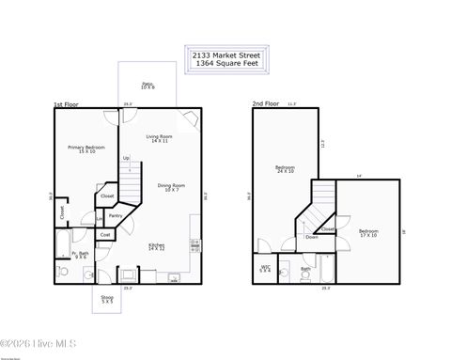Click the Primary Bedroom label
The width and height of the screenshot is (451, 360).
pos(86,149)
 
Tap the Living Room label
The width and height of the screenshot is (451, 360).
pos(159,138)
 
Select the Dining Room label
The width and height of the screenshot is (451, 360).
pos(170,187)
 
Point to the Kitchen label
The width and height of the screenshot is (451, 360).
pos(156,246)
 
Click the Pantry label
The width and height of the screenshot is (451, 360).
pos(115,215)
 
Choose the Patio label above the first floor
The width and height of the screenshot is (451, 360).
pos(148,85)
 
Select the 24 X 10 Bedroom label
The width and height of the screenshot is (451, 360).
pos(285,169)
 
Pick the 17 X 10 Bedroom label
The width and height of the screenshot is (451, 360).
pos(368,232)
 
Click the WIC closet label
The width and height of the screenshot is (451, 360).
pos(265,268)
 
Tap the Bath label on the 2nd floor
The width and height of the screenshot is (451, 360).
pos(305,269)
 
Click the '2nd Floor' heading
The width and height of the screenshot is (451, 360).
pos(265,103)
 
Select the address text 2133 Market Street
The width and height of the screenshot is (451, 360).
pos(226,55)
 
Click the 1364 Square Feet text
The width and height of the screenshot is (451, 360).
pos(226,63)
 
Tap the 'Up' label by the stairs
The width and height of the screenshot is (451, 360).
pos(126,158)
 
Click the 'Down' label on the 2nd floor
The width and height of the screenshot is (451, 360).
pos(311,237)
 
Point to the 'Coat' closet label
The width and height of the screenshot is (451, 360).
pos(105,234)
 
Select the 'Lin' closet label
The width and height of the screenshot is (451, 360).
pos(99,219)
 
